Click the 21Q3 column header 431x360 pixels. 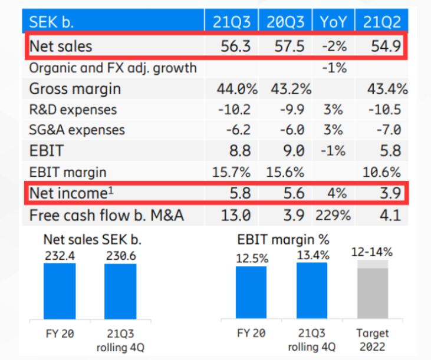click(x=231, y=22)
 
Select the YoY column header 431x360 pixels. click(x=334, y=22)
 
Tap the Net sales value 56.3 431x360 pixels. click(x=236, y=45)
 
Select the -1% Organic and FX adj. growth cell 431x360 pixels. click(x=334, y=67)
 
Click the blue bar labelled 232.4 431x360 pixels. click(x=60, y=290)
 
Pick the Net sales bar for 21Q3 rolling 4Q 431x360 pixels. click(x=120, y=290)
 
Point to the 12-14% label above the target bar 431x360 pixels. click(x=372, y=252)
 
